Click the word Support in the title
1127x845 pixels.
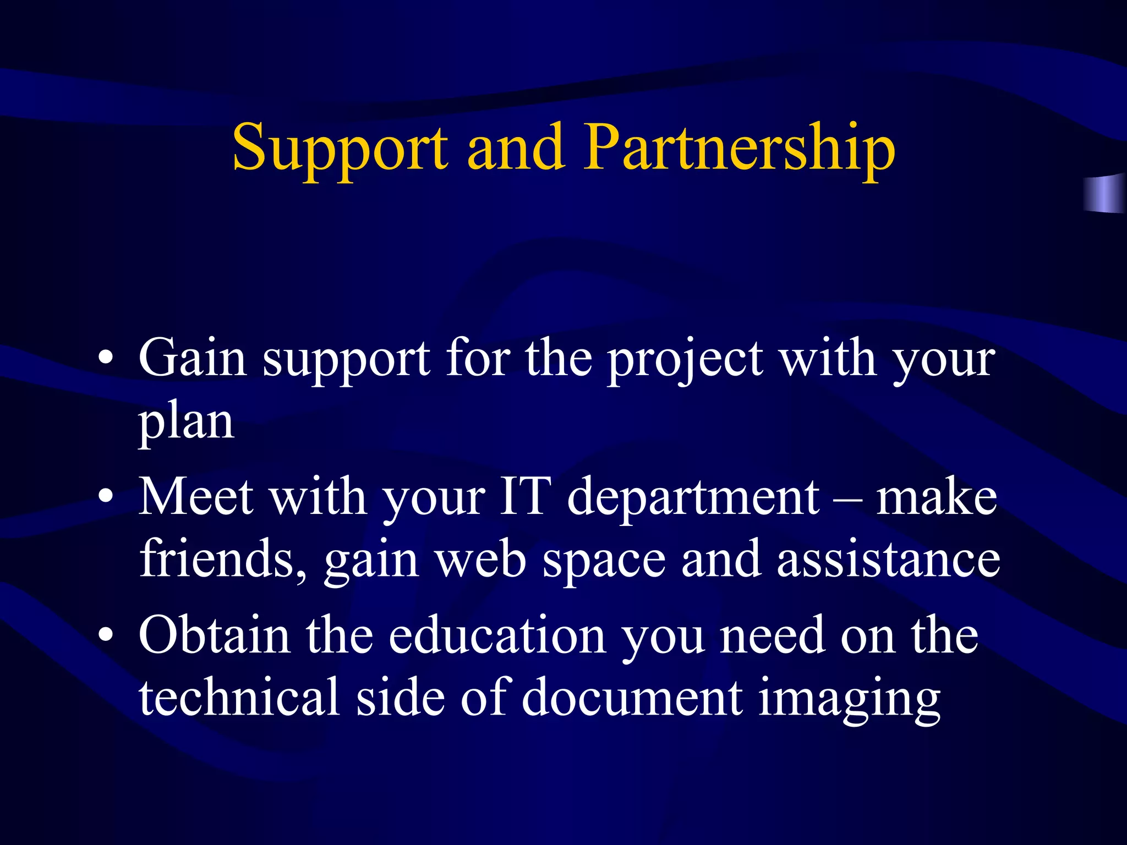pos(340,149)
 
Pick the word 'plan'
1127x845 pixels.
pos(186,424)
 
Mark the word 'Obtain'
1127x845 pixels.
pos(214,635)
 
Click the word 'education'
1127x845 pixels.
pos(497,635)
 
